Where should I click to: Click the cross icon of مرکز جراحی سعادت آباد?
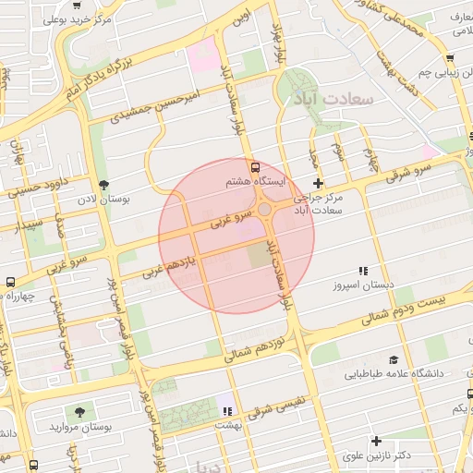pos(319,183)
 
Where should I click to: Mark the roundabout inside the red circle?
pos(265,211)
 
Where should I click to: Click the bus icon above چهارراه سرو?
pos(9,282)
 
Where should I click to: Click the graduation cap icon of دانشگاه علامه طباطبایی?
pos(394,360)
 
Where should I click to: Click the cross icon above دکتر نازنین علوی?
pos(375,441)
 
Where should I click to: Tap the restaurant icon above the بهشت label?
pos(227,410)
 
